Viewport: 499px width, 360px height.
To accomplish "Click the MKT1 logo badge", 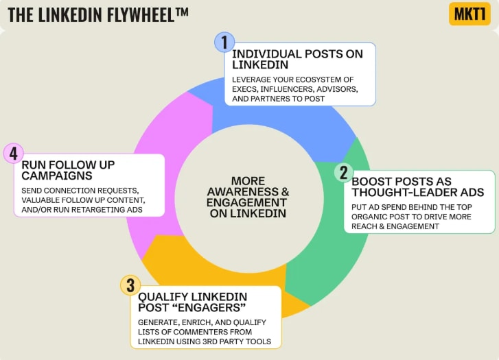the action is [x=469, y=14].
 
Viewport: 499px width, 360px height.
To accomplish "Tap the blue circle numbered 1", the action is [x=224, y=42].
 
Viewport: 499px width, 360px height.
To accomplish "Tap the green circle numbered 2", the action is [x=344, y=171].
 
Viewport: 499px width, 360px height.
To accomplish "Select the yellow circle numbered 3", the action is [x=130, y=285].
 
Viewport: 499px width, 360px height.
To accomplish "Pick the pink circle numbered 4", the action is [x=13, y=153].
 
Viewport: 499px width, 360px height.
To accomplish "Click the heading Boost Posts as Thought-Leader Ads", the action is [x=417, y=187].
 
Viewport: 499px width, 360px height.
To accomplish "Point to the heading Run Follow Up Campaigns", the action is [x=68, y=170].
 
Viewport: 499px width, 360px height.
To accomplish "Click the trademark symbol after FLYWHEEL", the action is [x=181, y=10].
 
